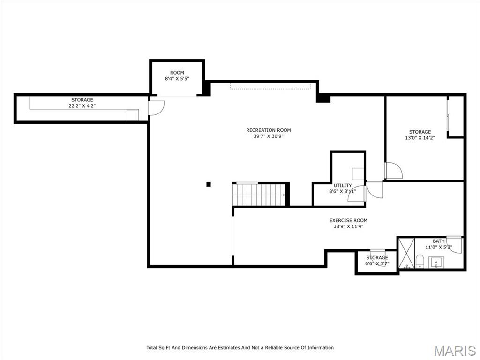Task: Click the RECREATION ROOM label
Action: [269, 130]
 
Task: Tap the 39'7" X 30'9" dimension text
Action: [269, 136]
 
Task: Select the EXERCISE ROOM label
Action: [348, 220]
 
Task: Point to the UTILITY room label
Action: [343, 185]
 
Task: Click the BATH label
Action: [439, 241]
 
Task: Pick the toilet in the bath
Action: [420, 261]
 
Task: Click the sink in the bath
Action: [436, 262]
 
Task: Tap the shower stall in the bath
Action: [406, 254]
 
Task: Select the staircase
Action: [260, 194]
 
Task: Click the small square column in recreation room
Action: [209, 184]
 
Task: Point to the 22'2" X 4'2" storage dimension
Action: [82, 106]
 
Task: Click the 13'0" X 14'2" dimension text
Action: [420, 138]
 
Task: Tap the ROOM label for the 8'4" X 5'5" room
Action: [177, 73]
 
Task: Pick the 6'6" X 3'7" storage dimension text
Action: [377, 263]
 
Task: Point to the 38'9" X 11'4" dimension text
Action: [348, 226]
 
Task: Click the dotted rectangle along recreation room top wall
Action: [270, 86]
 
